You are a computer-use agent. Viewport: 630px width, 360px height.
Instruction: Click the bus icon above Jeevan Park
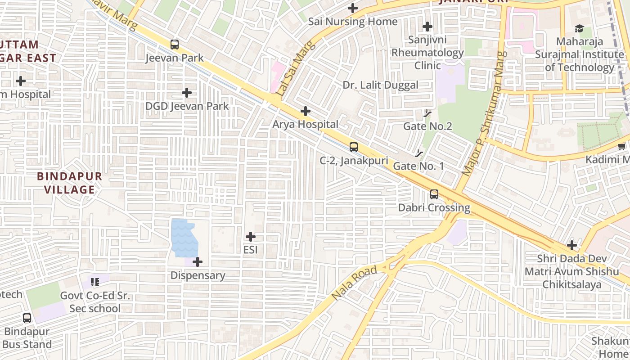click(x=175, y=45)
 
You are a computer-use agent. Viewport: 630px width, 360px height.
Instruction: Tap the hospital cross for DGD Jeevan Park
click(x=187, y=93)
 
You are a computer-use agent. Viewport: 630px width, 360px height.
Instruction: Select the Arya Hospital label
click(x=305, y=124)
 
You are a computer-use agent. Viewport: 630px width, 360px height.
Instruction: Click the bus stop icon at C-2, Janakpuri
click(x=354, y=147)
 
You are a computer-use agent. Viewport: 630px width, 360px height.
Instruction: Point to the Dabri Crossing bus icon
click(x=434, y=194)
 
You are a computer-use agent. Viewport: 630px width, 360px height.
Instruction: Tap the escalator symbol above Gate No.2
click(x=427, y=113)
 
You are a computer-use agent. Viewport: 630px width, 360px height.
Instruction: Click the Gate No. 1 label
click(x=418, y=166)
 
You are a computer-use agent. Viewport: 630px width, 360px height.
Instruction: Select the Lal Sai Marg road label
click(x=290, y=74)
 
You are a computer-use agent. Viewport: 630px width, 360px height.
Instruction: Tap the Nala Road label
click(x=354, y=283)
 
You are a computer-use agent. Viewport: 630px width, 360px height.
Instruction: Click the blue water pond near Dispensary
click(x=183, y=238)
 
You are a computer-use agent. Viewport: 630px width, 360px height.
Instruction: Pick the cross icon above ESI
click(x=251, y=237)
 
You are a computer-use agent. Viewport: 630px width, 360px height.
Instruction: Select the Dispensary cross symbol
click(x=198, y=262)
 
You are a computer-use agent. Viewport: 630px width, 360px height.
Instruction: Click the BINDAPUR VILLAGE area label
click(x=69, y=183)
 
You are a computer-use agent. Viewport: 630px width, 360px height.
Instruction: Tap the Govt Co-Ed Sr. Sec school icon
click(x=95, y=282)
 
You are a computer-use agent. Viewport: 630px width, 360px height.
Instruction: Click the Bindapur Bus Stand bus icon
click(x=27, y=318)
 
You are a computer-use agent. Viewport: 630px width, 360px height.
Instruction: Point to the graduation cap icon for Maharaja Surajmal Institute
click(x=579, y=29)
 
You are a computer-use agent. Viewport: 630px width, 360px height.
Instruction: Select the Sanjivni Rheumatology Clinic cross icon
click(x=427, y=27)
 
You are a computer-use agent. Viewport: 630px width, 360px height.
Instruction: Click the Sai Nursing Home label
click(x=353, y=22)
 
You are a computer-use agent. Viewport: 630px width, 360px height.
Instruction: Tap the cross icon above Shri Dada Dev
click(x=572, y=245)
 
